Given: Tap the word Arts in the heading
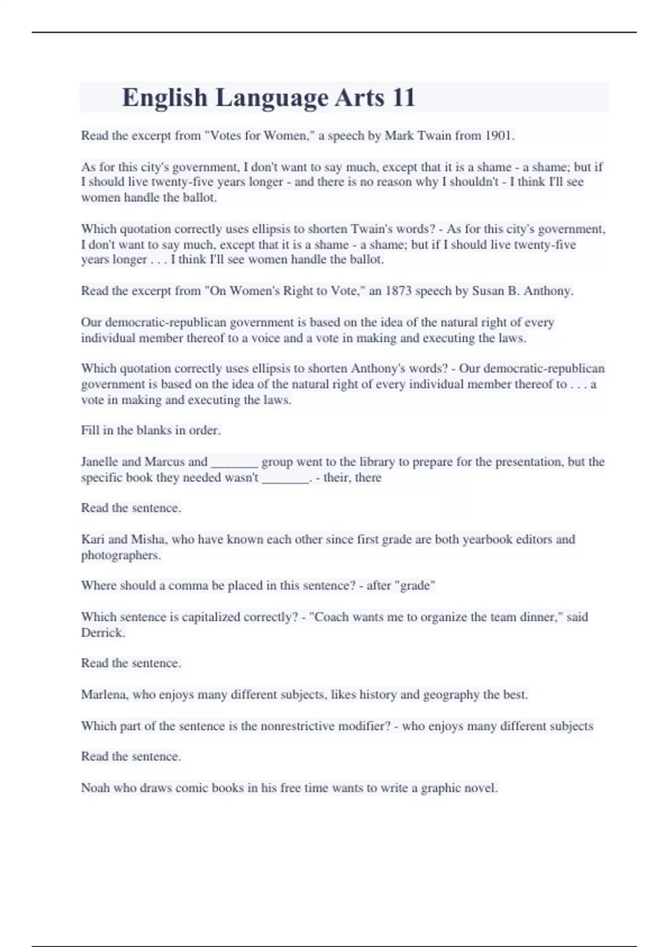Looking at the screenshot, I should [x=360, y=97].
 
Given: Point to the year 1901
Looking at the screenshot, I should [x=498, y=135].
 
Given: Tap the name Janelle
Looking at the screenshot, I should [x=99, y=462].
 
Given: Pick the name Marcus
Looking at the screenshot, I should [x=164, y=462].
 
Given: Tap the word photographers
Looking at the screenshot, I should [x=120, y=555].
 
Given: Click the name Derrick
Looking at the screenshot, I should [x=103, y=632].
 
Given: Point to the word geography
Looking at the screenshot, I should [x=451, y=695].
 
